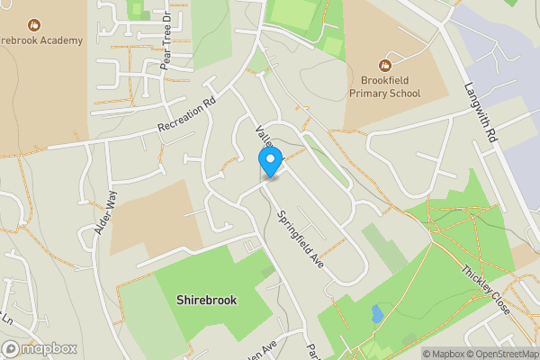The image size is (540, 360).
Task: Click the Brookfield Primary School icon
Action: (385, 64)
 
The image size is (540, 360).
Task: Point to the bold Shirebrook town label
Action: (207, 300)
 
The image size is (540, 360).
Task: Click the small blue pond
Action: (376, 315)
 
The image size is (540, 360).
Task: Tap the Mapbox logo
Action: (40, 348)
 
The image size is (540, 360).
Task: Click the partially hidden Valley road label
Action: (265, 134)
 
